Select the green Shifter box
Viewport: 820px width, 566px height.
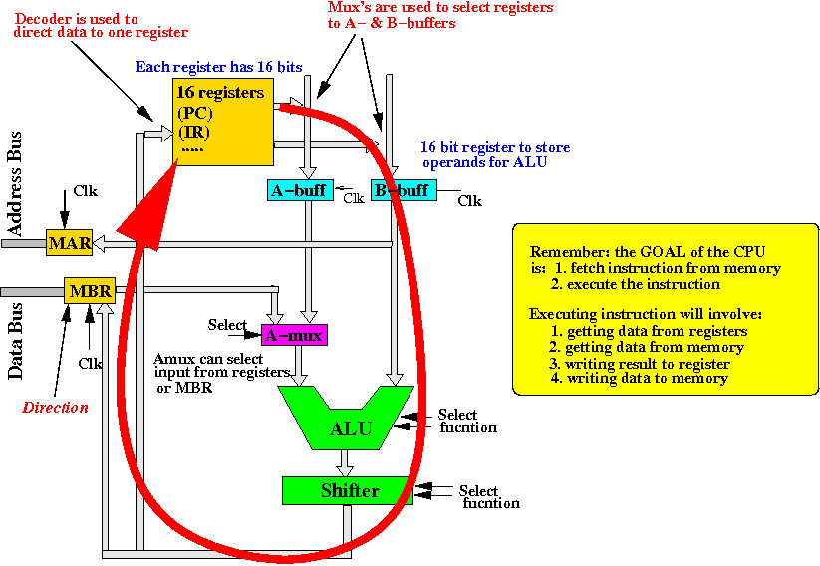coord(348,490)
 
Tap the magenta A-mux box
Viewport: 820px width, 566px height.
coord(294,335)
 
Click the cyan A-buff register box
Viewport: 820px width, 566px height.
coord(298,189)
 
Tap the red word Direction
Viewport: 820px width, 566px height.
coord(55,407)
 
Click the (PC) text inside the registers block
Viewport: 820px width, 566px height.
coord(195,113)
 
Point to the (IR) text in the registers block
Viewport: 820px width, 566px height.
coord(194,132)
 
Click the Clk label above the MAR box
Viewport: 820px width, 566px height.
coord(86,191)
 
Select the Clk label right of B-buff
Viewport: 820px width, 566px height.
coord(469,201)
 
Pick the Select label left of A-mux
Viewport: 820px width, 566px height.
coord(227,325)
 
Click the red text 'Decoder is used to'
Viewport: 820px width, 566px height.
coord(76,19)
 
